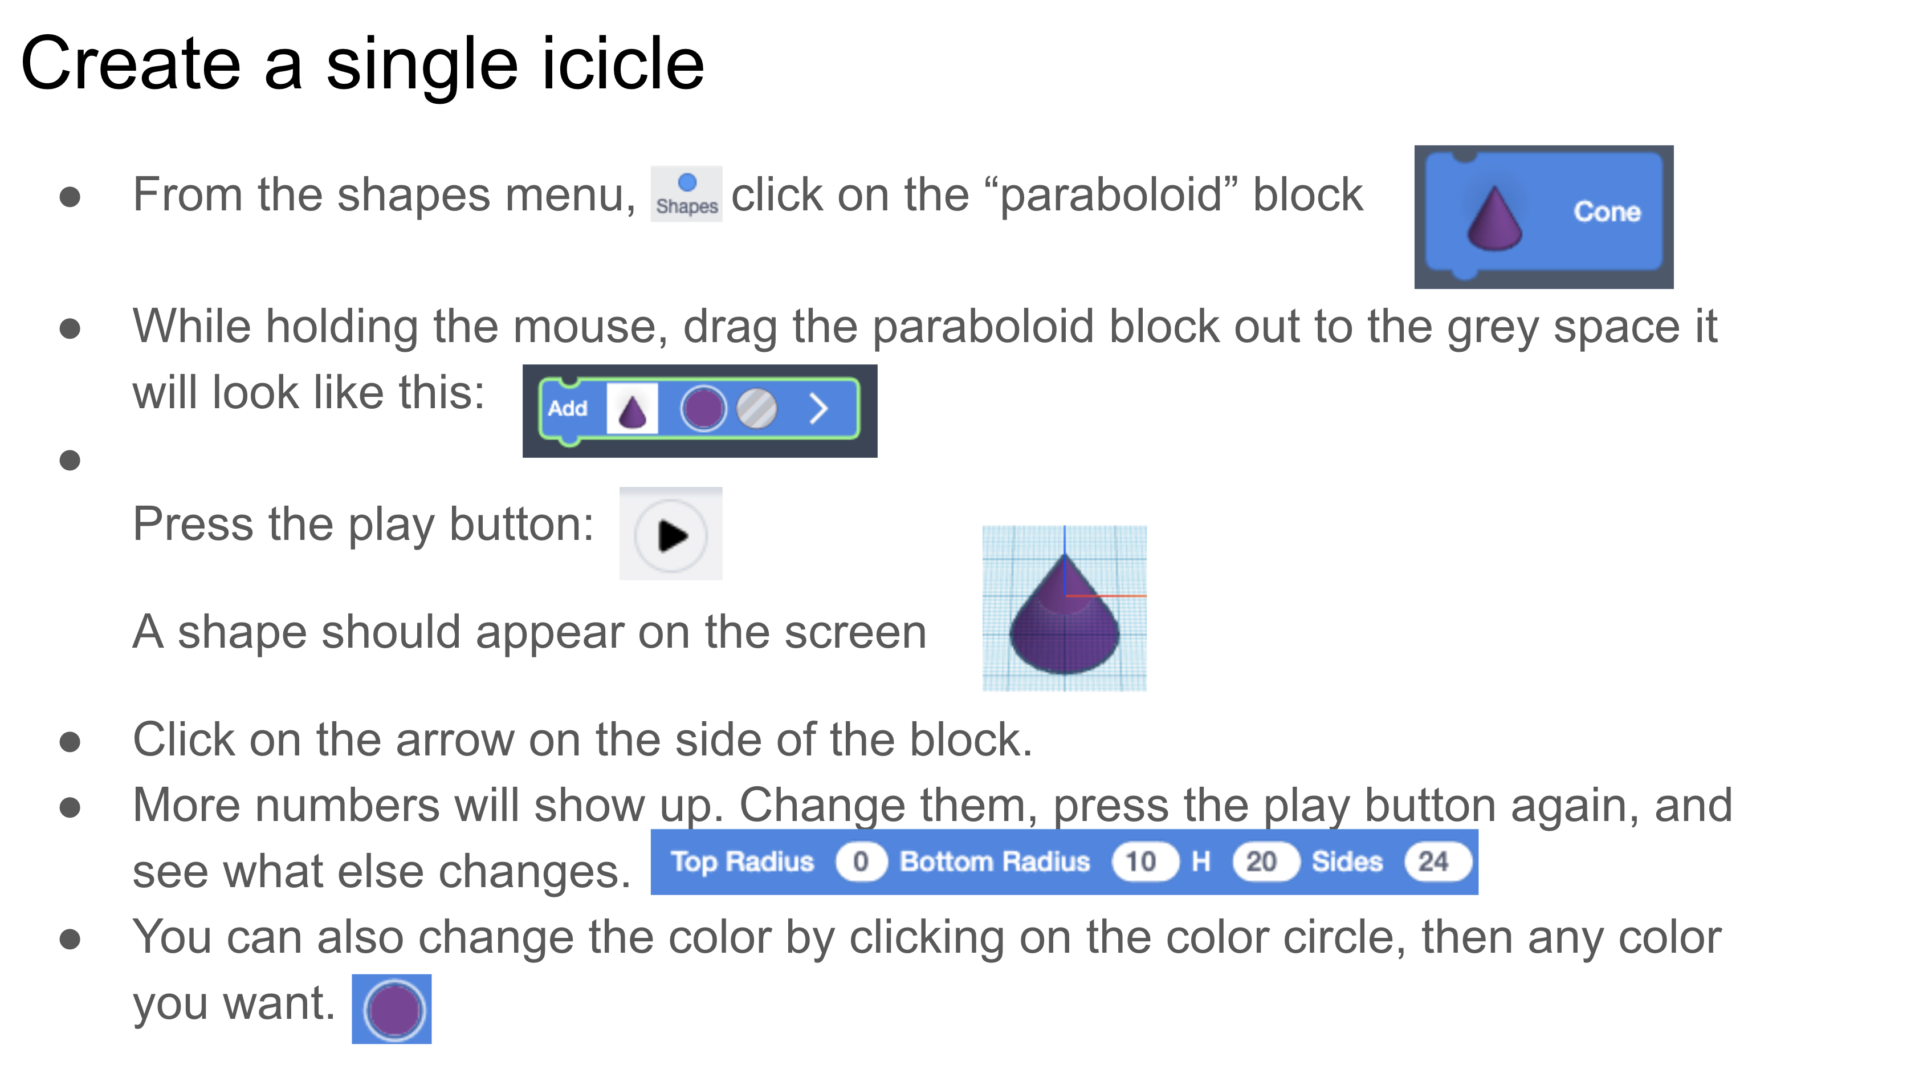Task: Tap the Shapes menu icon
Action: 686,193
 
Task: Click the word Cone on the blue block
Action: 1607,212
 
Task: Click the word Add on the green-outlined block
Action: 567,408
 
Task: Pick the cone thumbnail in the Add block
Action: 632,408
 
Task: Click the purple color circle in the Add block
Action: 703,408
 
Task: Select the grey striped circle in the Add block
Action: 756,408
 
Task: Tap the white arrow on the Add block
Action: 818,408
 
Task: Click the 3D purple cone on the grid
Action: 1064,619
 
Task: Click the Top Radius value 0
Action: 860,862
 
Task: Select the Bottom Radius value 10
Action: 1140,862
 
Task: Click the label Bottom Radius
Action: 995,862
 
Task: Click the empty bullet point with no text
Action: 70,460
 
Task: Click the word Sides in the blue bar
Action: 1347,862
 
